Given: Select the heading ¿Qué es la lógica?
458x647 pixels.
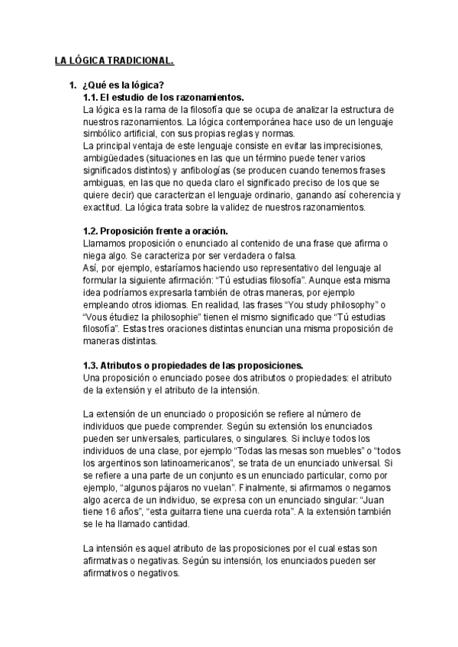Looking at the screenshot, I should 123,85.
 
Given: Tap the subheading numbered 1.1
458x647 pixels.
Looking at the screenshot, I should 163,97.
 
